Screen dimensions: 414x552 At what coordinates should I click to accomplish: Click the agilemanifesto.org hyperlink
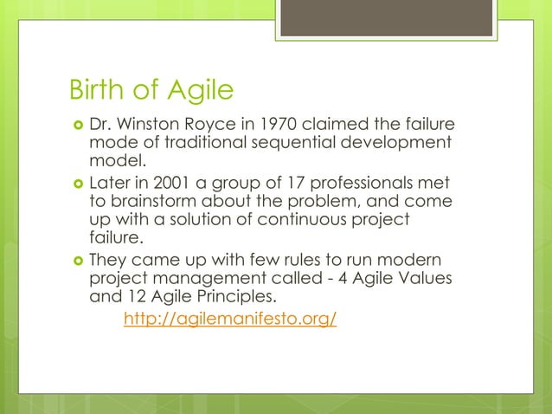pyautogui.click(x=230, y=320)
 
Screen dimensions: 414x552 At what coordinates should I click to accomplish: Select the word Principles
pyautogui.click(x=220, y=297)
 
